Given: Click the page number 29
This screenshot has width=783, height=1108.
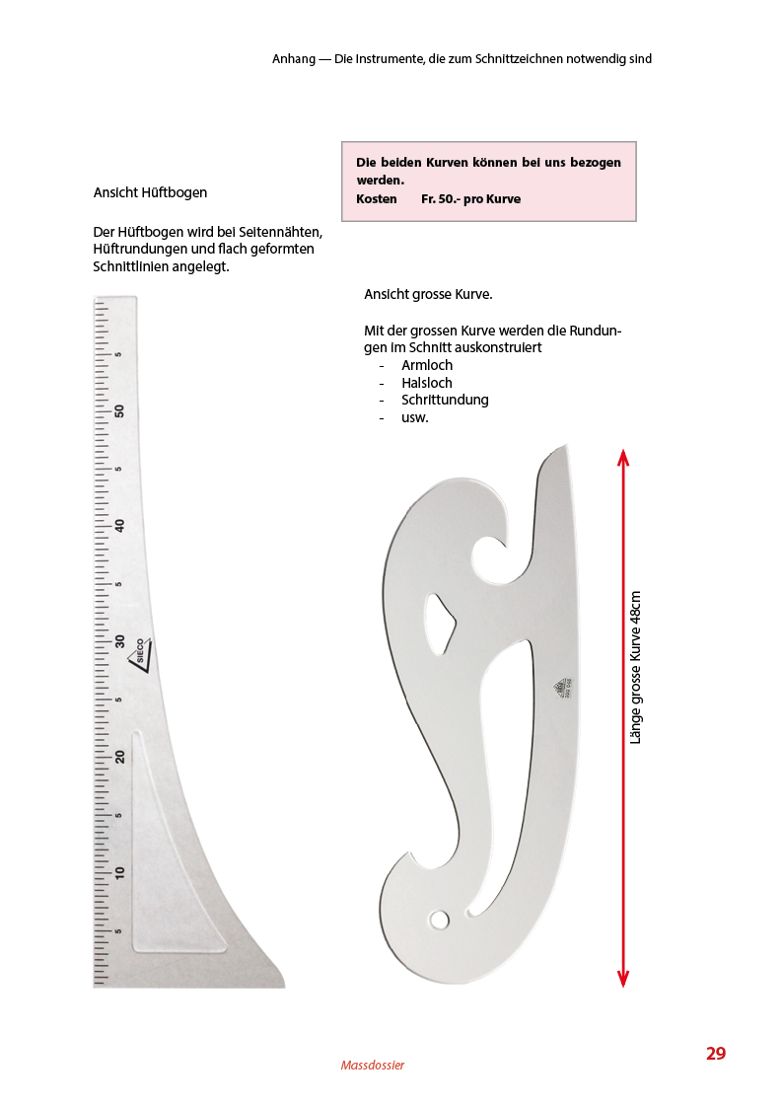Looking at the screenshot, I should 715,1053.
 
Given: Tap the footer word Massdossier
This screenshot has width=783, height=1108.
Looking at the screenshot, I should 372,1065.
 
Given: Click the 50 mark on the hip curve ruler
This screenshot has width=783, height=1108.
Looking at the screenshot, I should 119,410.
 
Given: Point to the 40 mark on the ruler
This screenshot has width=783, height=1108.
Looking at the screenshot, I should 119,526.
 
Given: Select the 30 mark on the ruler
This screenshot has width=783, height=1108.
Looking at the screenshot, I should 119,641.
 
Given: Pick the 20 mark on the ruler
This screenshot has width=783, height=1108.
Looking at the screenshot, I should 119,757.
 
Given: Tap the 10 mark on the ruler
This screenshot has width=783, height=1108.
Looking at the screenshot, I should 119,872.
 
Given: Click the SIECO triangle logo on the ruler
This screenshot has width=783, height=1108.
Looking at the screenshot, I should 140,653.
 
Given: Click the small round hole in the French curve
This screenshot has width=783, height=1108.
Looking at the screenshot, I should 438,920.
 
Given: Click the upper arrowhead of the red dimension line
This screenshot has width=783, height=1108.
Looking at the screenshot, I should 622,457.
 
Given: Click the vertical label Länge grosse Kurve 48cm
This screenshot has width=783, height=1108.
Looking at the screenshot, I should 636,667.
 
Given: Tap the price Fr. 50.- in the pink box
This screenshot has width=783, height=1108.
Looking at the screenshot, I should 440,198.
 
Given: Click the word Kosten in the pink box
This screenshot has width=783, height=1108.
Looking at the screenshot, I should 377,198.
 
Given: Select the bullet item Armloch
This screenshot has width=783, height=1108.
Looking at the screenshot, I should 427,365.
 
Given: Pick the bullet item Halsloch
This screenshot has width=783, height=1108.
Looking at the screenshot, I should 427,383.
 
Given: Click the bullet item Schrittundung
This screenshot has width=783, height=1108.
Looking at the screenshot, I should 445,400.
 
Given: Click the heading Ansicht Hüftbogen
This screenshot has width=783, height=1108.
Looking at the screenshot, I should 150,192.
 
